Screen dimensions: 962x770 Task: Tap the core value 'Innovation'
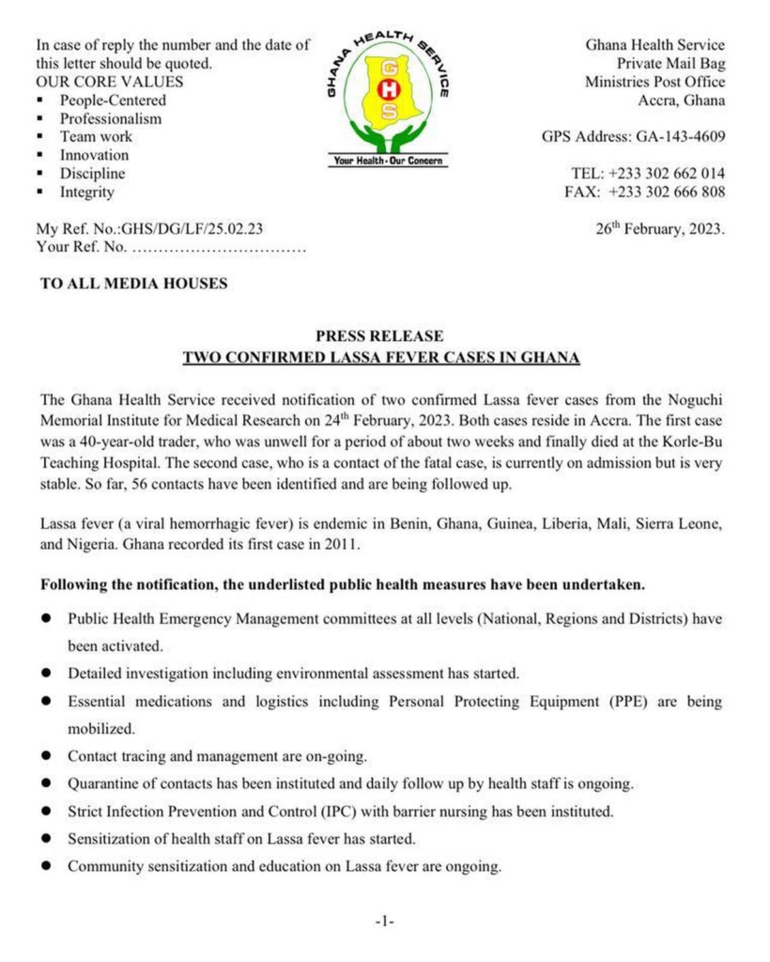[95, 156]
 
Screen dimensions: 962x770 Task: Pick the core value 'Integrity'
[87, 193]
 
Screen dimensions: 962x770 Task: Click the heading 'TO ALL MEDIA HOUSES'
[133, 284]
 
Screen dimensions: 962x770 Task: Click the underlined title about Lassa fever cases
[380, 358]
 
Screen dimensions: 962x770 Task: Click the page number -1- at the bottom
[384, 923]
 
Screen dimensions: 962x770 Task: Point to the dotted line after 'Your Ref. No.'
[218, 248]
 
